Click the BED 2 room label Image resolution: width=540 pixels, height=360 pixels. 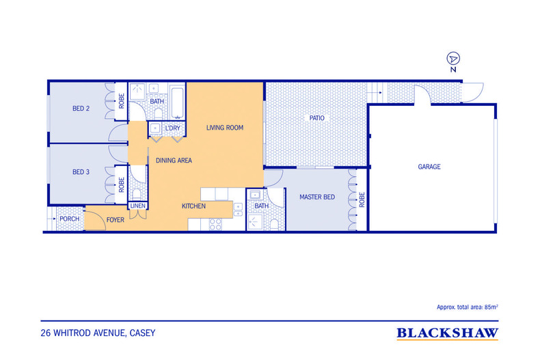point(81,109)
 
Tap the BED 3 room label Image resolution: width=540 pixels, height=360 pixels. point(81,172)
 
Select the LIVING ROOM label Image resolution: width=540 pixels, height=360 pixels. point(225,128)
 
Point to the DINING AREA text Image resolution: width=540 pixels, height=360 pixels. point(174,161)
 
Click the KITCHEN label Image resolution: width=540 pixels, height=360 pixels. point(193,206)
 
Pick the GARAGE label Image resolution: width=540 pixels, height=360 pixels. point(429,167)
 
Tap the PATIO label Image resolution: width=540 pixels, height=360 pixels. point(317,118)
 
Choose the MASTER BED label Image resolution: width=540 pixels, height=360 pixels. point(317,197)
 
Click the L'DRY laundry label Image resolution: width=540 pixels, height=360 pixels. point(172,128)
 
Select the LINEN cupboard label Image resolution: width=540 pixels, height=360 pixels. point(138,206)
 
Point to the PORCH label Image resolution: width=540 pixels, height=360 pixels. point(70,219)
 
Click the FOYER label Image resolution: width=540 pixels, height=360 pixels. point(116,220)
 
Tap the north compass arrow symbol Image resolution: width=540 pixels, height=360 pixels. point(453,59)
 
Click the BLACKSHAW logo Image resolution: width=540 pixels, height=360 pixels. point(447,333)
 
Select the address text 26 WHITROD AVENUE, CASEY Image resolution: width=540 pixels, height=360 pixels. point(98,333)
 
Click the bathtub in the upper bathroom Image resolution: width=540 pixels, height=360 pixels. point(178,102)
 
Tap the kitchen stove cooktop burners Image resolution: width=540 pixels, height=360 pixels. point(215,224)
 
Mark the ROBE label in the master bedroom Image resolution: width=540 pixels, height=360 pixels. point(362,200)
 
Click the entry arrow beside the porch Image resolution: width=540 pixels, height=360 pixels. point(52,219)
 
